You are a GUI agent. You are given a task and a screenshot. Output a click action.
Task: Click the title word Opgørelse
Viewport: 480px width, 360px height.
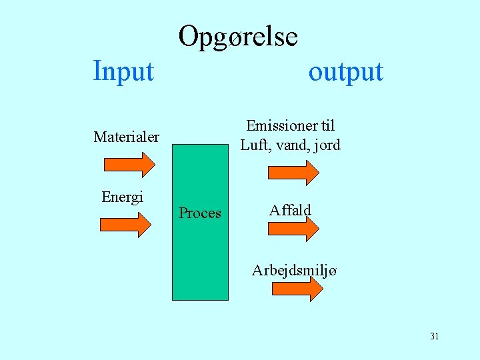(x=238, y=37)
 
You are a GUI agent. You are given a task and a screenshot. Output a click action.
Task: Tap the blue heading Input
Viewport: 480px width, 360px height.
(x=123, y=71)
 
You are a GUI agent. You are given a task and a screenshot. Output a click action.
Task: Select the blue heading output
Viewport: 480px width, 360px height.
(x=345, y=71)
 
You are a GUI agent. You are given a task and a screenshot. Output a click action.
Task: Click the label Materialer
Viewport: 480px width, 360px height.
(x=127, y=137)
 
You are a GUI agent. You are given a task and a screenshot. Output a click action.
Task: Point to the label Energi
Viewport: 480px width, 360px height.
(x=122, y=197)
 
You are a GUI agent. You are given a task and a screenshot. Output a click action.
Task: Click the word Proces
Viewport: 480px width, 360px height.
(x=200, y=213)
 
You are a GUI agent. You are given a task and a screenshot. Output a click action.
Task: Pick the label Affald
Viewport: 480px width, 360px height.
(x=290, y=211)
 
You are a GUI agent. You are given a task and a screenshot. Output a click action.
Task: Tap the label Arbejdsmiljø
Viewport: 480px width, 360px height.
(x=294, y=271)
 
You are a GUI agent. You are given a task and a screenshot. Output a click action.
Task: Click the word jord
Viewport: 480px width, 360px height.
(x=326, y=145)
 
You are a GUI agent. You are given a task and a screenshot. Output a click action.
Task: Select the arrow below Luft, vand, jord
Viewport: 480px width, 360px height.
(x=293, y=171)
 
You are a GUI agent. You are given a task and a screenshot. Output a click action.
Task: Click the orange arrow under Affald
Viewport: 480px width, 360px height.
(x=293, y=228)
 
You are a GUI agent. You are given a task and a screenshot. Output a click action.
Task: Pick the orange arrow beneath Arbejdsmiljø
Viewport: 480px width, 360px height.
(x=297, y=289)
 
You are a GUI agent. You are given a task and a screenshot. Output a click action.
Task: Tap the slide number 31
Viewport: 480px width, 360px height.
(x=434, y=336)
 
